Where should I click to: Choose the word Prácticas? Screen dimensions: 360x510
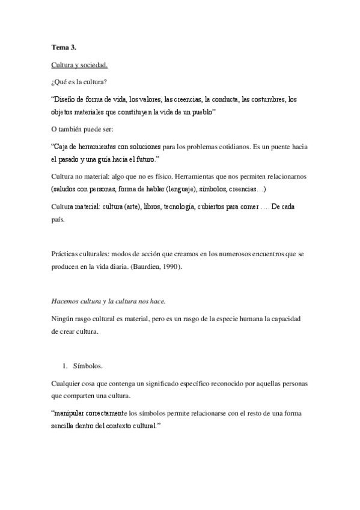coord(66,254)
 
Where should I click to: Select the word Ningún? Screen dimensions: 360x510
coord(64,318)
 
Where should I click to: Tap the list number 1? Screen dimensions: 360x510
coord(65,366)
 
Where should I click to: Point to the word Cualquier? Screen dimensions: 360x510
coord(69,384)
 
